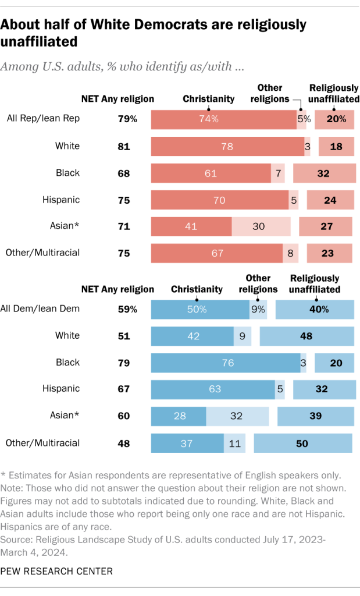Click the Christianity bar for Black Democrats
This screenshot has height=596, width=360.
click(226, 362)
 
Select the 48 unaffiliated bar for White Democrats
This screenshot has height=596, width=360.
click(306, 336)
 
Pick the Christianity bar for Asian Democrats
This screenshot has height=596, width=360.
click(179, 416)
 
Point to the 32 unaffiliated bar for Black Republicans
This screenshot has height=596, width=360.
click(323, 173)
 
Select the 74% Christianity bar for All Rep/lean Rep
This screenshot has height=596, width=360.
click(224, 119)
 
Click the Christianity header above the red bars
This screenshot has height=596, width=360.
click(209, 98)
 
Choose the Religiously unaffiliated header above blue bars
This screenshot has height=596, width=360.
click(315, 283)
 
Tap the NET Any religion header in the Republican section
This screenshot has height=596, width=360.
click(117, 98)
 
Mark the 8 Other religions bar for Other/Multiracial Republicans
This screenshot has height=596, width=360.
click(290, 253)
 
